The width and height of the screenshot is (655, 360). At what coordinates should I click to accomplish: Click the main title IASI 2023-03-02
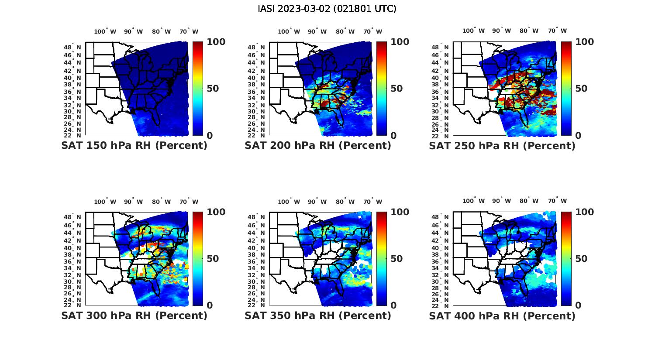pos(327,9)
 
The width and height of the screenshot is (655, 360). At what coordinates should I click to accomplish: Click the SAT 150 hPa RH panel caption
pos(134,146)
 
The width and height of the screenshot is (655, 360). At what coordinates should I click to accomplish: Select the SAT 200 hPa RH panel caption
pos(318,146)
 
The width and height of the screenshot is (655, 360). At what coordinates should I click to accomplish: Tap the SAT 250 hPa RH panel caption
pos(502,146)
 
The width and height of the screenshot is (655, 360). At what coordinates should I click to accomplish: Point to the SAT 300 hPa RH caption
pos(134,315)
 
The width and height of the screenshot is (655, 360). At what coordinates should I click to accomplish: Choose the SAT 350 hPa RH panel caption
pos(318,315)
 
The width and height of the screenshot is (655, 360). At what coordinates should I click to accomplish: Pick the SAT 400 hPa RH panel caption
pos(502,315)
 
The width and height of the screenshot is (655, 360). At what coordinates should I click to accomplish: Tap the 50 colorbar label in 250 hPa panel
pos(582,89)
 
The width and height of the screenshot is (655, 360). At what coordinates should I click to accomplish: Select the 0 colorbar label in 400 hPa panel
pos(578,305)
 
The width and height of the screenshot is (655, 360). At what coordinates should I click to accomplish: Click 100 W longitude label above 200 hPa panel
pos(289,31)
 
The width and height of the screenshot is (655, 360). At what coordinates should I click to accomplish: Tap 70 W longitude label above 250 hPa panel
pos(557,31)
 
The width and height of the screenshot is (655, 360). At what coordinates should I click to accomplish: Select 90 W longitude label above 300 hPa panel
pos(133,202)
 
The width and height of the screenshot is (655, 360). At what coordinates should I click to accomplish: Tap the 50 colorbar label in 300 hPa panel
pos(213,259)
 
